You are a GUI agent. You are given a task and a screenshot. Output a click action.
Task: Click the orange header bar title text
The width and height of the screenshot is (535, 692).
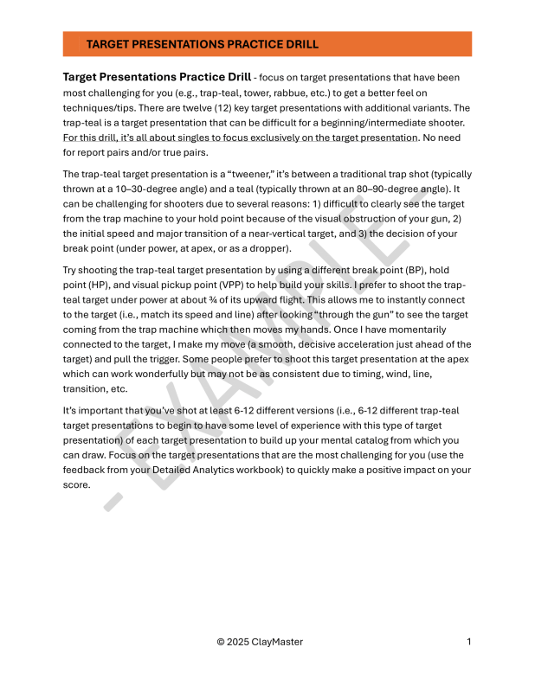coord(202,44)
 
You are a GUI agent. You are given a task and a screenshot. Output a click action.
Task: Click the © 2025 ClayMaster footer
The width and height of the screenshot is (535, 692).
coord(260,642)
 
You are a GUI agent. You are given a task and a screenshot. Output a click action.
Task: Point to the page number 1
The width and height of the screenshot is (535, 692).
coord(468,642)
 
